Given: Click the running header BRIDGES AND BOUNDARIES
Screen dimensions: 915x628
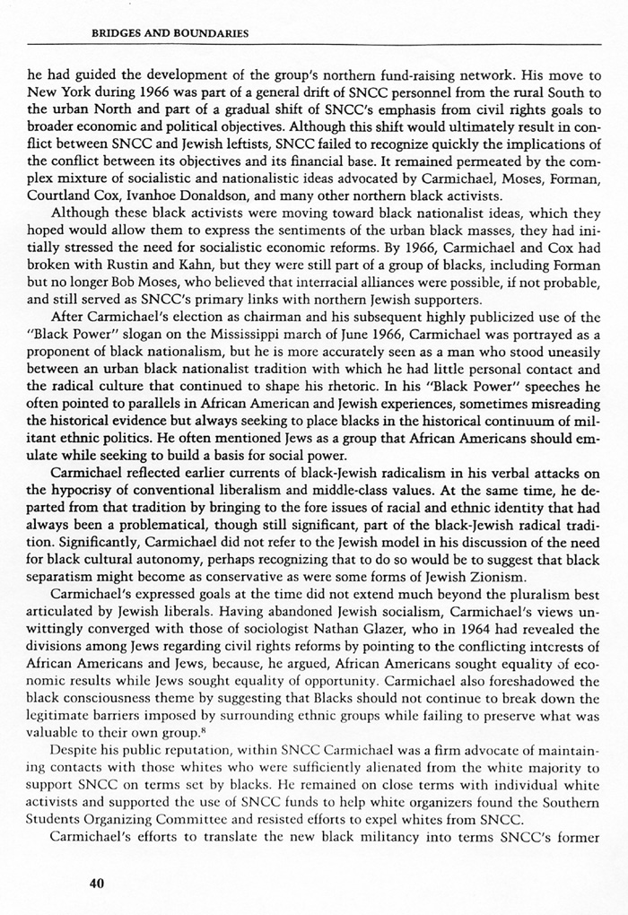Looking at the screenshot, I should click(170, 33).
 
